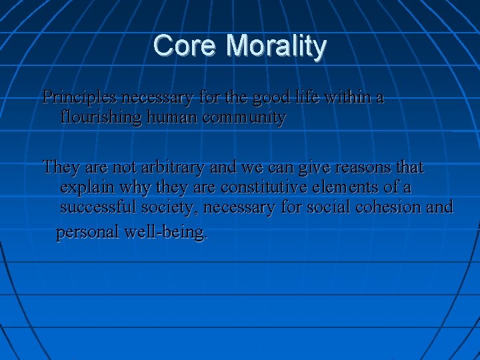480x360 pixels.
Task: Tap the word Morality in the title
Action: [276, 47]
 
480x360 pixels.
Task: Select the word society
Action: [169, 208]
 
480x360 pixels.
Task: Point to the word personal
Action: [87, 233]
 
